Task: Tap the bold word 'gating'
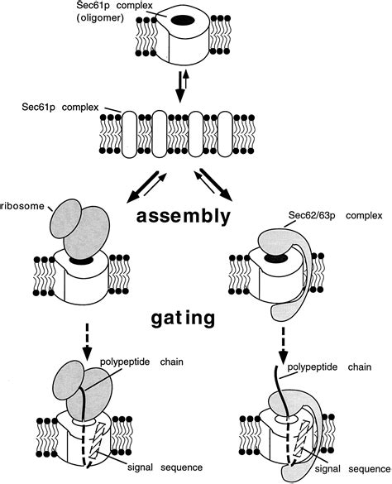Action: click(187, 316)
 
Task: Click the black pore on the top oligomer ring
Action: click(206, 18)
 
